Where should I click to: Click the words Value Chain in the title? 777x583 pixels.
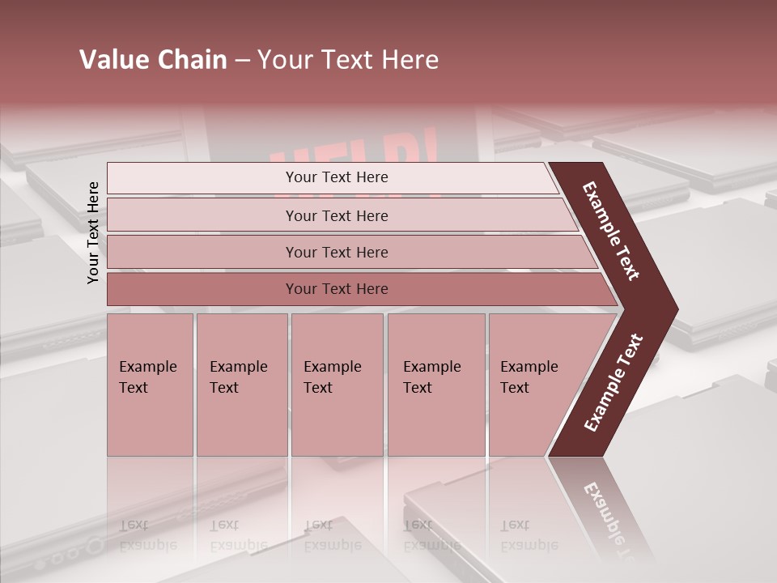153,60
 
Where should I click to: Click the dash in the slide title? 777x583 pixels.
242,61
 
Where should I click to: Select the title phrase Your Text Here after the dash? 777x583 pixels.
348,60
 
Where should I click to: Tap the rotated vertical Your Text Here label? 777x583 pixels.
94,232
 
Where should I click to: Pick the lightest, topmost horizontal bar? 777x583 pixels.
336,177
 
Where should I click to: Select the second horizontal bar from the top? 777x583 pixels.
336,215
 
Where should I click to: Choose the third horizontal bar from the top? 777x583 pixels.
336,252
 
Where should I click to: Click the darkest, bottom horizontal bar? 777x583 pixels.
336,289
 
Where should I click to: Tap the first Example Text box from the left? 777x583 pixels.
150,384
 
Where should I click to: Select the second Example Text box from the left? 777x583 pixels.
241,384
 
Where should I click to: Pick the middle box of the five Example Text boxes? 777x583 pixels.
336,384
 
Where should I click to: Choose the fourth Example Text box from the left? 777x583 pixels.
435,384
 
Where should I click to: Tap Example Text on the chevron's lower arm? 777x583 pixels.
614,383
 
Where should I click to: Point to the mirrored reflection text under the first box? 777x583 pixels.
147,535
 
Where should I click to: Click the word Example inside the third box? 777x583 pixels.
332,367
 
